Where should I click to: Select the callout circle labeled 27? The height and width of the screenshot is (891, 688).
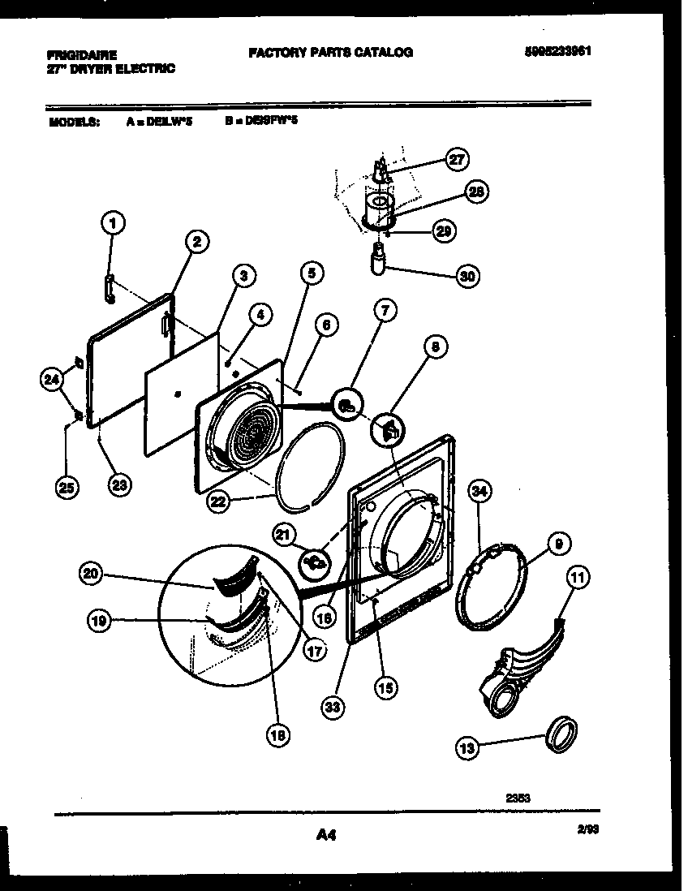pyautogui.click(x=458, y=160)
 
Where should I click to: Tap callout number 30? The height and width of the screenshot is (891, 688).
pyautogui.click(x=467, y=276)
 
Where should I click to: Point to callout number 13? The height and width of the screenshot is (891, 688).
pyautogui.click(x=467, y=750)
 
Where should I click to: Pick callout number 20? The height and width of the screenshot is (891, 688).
pyautogui.click(x=92, y=574)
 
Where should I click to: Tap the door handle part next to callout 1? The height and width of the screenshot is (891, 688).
pyautogui.click(x=108, y=288)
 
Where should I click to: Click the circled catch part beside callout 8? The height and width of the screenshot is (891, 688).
pyautogui.click(x=388, y=430)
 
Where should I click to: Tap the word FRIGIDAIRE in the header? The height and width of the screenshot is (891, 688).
pyautogui.click(x=81, y=55)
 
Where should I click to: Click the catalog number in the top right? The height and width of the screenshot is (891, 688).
pyautogui.click(x=557, y=50)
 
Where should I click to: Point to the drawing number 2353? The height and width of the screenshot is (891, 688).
pyautogui.click(x=518, y=798)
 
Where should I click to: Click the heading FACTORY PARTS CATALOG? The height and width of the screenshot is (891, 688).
pyautogui.click(x=330, y=52)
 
